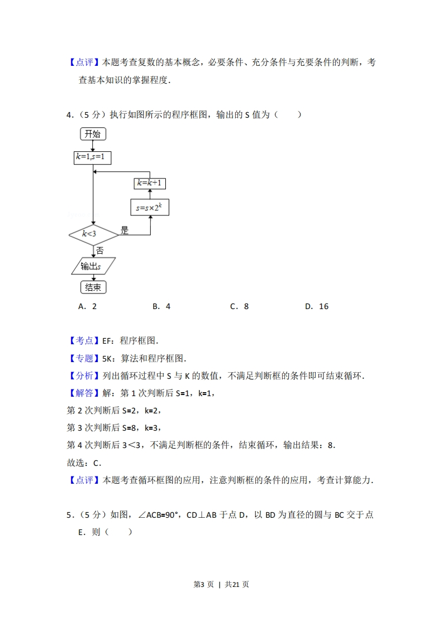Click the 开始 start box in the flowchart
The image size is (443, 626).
click(93, 134)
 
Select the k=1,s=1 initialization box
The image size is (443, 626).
click(92, 157)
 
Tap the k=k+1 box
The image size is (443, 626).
click(150, 183)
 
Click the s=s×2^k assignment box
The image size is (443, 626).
click(150, 207)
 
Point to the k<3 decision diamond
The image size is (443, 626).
click(93, 234)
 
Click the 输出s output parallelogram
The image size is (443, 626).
click(93, 266)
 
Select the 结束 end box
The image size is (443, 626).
click(93, 287)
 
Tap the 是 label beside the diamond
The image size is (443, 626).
click(125, 230)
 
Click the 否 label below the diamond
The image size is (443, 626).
click(100, 251)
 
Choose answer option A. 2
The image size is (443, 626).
click(88, 306)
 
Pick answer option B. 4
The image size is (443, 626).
click(161, 306)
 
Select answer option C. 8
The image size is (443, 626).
click(240, 306)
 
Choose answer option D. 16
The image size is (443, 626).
click(317, 306)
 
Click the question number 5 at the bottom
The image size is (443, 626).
click(69, 515)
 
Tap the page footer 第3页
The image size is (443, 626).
click(204, 585)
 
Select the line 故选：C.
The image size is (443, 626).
click(84, 463)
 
